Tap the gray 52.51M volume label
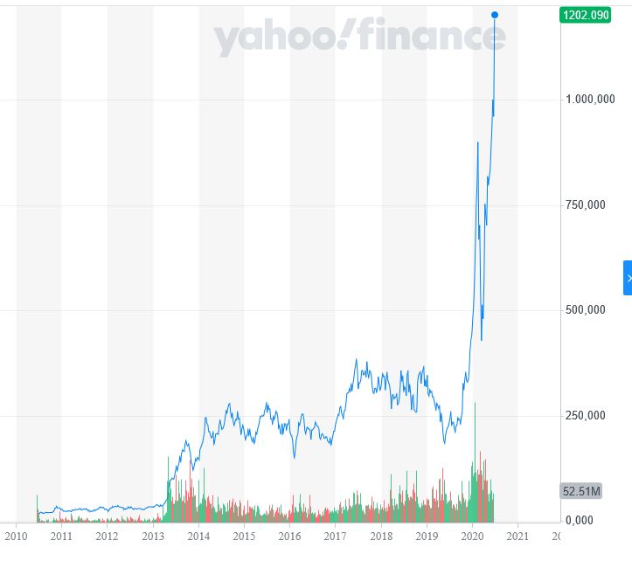[580, 491]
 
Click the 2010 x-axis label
[16, 536]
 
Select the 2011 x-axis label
[61, 536]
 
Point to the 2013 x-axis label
[153, 536]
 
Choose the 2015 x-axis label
[244, 536]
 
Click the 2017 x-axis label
[335, 536]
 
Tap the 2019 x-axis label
[427, 536]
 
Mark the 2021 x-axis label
[517, 536]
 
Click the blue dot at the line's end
[495, 15]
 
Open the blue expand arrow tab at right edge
[628, 278]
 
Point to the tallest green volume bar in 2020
[476, 463]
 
